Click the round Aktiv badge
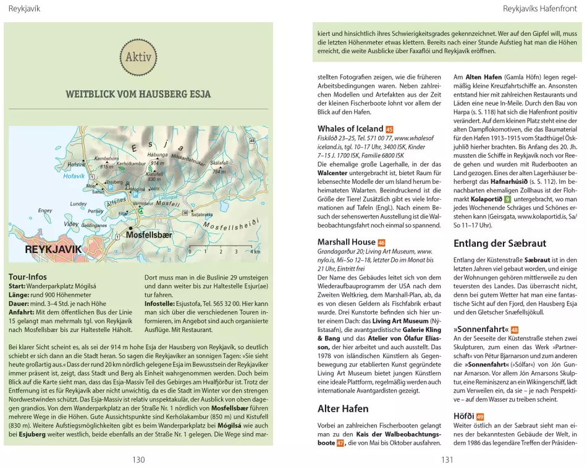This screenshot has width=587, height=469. [x=138, y=58]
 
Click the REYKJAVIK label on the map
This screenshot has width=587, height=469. [x=53, y=249]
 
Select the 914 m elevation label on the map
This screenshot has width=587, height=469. [x=158, y=163]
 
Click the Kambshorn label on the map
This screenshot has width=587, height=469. [x=106, y=159]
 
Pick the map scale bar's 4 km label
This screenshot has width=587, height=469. [x=255, y=252]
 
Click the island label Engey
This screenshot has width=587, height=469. [x=45, y=210]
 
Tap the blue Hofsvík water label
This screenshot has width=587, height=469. [x=74, y=176]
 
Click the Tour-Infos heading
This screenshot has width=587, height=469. [x=28, y=276]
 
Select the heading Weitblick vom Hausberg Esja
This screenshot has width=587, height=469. [x=138, y=94]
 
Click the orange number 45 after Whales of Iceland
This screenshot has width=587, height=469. [x=389, y=129]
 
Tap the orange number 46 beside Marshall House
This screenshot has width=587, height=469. [x=381, y=243]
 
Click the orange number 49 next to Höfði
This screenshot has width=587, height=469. [x=479, y=417]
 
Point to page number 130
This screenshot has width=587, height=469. [x=138, y=459]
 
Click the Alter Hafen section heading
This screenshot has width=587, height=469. [x=343, y=409]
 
